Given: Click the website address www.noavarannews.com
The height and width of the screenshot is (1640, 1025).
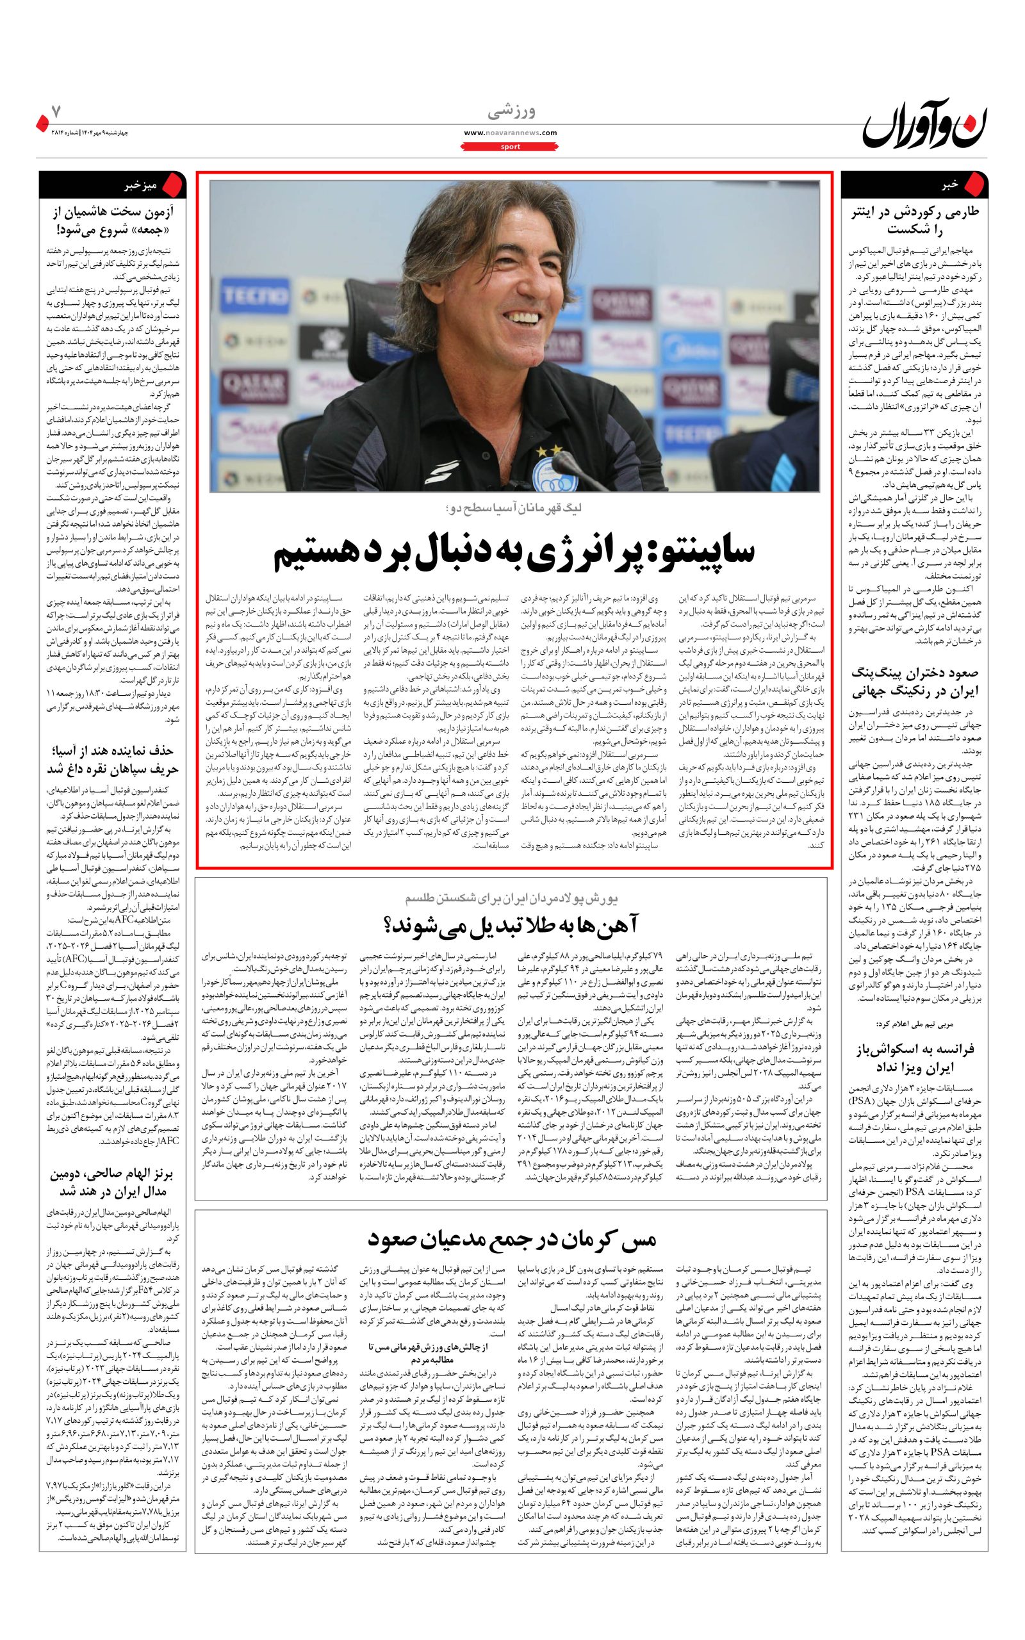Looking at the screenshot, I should [x=511, y=133].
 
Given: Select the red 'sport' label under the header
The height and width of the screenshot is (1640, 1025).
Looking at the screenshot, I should [x=511, y=146].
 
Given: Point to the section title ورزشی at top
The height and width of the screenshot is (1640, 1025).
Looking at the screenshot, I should [x=511, y=110].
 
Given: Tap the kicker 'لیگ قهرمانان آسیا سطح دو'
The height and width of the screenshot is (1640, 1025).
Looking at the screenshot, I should [x=513, y=507].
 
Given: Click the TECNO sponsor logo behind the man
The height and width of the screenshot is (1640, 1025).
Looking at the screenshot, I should [x=247, y=295].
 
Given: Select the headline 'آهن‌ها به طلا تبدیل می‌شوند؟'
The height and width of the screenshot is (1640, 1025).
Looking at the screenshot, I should [x=511, y=925].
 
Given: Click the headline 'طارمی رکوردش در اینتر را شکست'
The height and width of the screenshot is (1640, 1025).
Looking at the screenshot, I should [x=915, y=220].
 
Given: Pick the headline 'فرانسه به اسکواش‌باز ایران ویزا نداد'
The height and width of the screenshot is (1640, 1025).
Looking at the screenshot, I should [x=915, y=1058].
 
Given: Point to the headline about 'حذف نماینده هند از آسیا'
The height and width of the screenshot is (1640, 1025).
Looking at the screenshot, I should [x=112, y=760].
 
